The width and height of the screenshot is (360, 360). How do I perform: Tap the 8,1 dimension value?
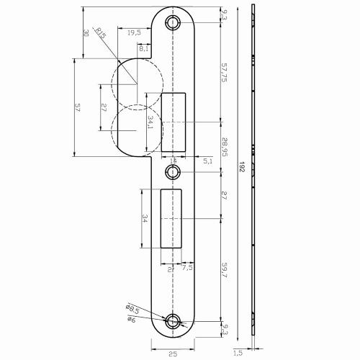144,48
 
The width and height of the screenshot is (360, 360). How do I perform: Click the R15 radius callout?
101,32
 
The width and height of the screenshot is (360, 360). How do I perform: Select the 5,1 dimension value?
207,161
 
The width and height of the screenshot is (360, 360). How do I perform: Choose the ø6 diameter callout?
131,320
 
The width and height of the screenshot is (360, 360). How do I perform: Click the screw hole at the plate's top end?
173,22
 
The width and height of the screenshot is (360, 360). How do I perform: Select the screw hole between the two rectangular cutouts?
173,171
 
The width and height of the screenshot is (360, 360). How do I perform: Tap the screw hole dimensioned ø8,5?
173,320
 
